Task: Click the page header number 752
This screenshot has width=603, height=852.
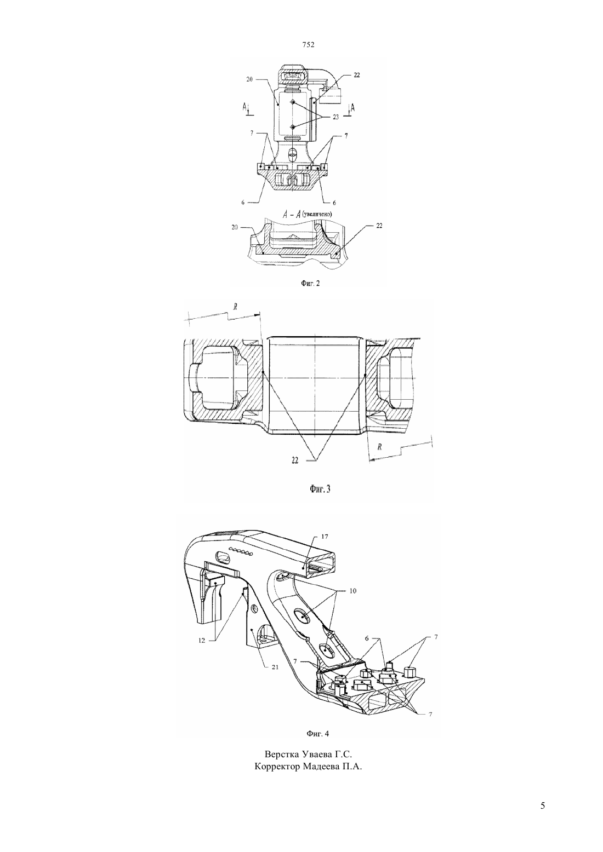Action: pos(308,45)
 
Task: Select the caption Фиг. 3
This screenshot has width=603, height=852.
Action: pos(320,489)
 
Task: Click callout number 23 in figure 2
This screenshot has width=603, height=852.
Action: pos(335,117)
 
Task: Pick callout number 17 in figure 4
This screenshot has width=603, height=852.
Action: pos(325,536)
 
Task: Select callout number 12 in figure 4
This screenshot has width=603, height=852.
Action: pos(202,640)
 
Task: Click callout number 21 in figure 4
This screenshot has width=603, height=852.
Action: pos(275,667)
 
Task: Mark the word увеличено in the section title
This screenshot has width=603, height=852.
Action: pos(317,215)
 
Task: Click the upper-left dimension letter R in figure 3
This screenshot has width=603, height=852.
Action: pos(235,307)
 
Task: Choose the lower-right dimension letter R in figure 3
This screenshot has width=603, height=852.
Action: pos(379,447)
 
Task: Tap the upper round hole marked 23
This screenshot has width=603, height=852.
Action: pos(293,103)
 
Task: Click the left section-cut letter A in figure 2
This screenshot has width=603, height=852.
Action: pos(245,108)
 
